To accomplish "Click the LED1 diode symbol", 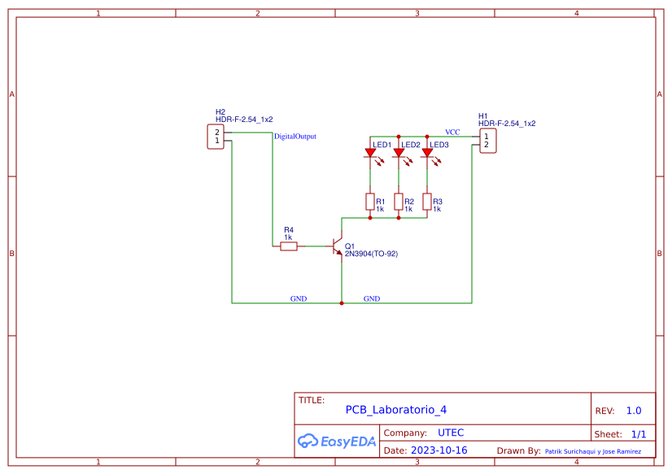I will tap(370, 152).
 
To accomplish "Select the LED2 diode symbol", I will tap(399, 152).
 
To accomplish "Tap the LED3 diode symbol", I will tap(427, 152).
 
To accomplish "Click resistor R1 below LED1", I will tap(370, 202).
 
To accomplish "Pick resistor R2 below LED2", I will tap(399, 202).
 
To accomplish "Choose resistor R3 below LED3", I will tap(427, 202).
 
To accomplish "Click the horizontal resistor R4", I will tap(289, 246).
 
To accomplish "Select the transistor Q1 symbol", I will tap(337, 246).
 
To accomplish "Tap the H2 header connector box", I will tap(216, 137).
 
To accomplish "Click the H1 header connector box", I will tap(487, 141).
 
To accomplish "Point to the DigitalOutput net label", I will tap(295, 137).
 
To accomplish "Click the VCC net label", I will tap(452, 132).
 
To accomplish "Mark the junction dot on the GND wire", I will tap(342, 303).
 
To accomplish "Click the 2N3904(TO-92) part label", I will tap(371, 254).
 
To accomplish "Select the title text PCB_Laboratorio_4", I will tap(395, 410).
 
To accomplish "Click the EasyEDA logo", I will tap(336, 441).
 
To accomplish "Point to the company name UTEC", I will tap(451, 433).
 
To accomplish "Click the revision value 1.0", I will tap(634, 411).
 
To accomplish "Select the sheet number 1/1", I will tap(639, 434).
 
